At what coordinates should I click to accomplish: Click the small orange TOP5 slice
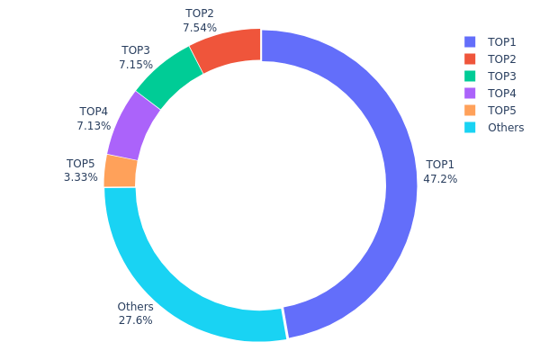pos(120,171)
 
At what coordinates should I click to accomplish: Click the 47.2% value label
pos(440,179)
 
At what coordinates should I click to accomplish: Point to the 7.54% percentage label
pos(200,28)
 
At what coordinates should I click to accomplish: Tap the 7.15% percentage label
pos(136,65)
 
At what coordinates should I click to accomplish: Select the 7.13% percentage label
pos(94,127)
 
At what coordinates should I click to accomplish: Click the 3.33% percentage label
pos(81,177)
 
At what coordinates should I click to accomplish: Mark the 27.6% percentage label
pos(135,319)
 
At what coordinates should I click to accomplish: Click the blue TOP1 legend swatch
pos(470,41)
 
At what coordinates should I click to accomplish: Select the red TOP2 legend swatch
pos(470,58)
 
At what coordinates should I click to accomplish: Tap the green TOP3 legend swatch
pos(470,76)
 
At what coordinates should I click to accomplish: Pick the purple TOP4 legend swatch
pos(470,93)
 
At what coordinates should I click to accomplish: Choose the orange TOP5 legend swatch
pos(470,110)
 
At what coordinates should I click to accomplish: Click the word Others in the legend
pos(506,127)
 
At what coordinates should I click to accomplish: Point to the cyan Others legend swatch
pos(470,127)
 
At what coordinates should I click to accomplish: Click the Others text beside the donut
pos(135,307)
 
